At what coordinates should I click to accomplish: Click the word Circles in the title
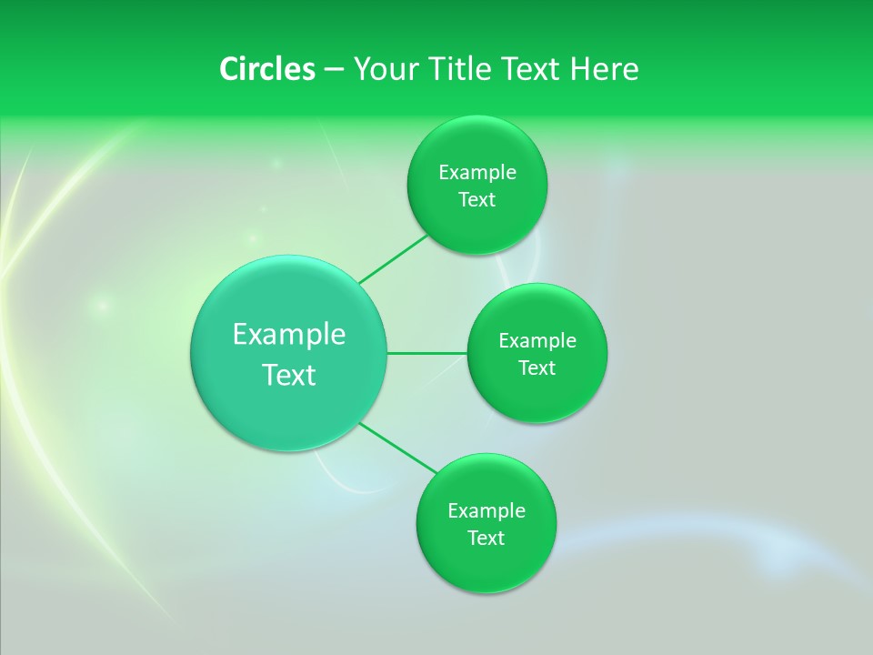(267, 69)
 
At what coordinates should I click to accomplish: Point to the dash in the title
(334, 70)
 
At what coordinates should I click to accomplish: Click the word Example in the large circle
(289, 335)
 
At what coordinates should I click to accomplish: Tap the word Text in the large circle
(289, 375)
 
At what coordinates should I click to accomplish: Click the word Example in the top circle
(477, 173)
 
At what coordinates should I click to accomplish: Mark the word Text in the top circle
(477, 200)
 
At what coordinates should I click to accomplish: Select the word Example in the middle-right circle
(537, 341)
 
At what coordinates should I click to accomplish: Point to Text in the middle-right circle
(537, 368)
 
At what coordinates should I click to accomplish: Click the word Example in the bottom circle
(487, 511)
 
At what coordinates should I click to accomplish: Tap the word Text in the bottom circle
(487, 539)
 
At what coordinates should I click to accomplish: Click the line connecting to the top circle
(393, 259)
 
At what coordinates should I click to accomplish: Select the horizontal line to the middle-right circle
(427, 353)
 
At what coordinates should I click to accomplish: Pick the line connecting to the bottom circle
(398, 448)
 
